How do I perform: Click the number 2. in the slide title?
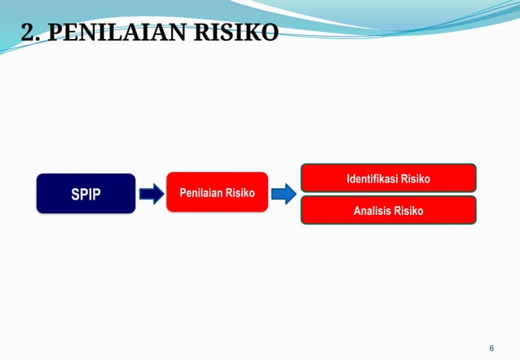[29, 33]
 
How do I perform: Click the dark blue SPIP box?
[86, 194]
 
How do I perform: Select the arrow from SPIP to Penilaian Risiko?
[152, 194]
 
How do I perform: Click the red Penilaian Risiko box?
[217, 193]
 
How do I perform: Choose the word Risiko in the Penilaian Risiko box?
[240, 193]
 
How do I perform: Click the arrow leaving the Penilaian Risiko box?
[283, 194]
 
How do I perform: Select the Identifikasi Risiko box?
[388, 178]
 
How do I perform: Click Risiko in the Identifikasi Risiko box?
[415, 178]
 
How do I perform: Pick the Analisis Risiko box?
[388, 210]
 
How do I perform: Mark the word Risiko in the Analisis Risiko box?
[408, 210]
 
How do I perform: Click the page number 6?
[491, 347]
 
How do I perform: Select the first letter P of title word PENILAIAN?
[51, 33]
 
